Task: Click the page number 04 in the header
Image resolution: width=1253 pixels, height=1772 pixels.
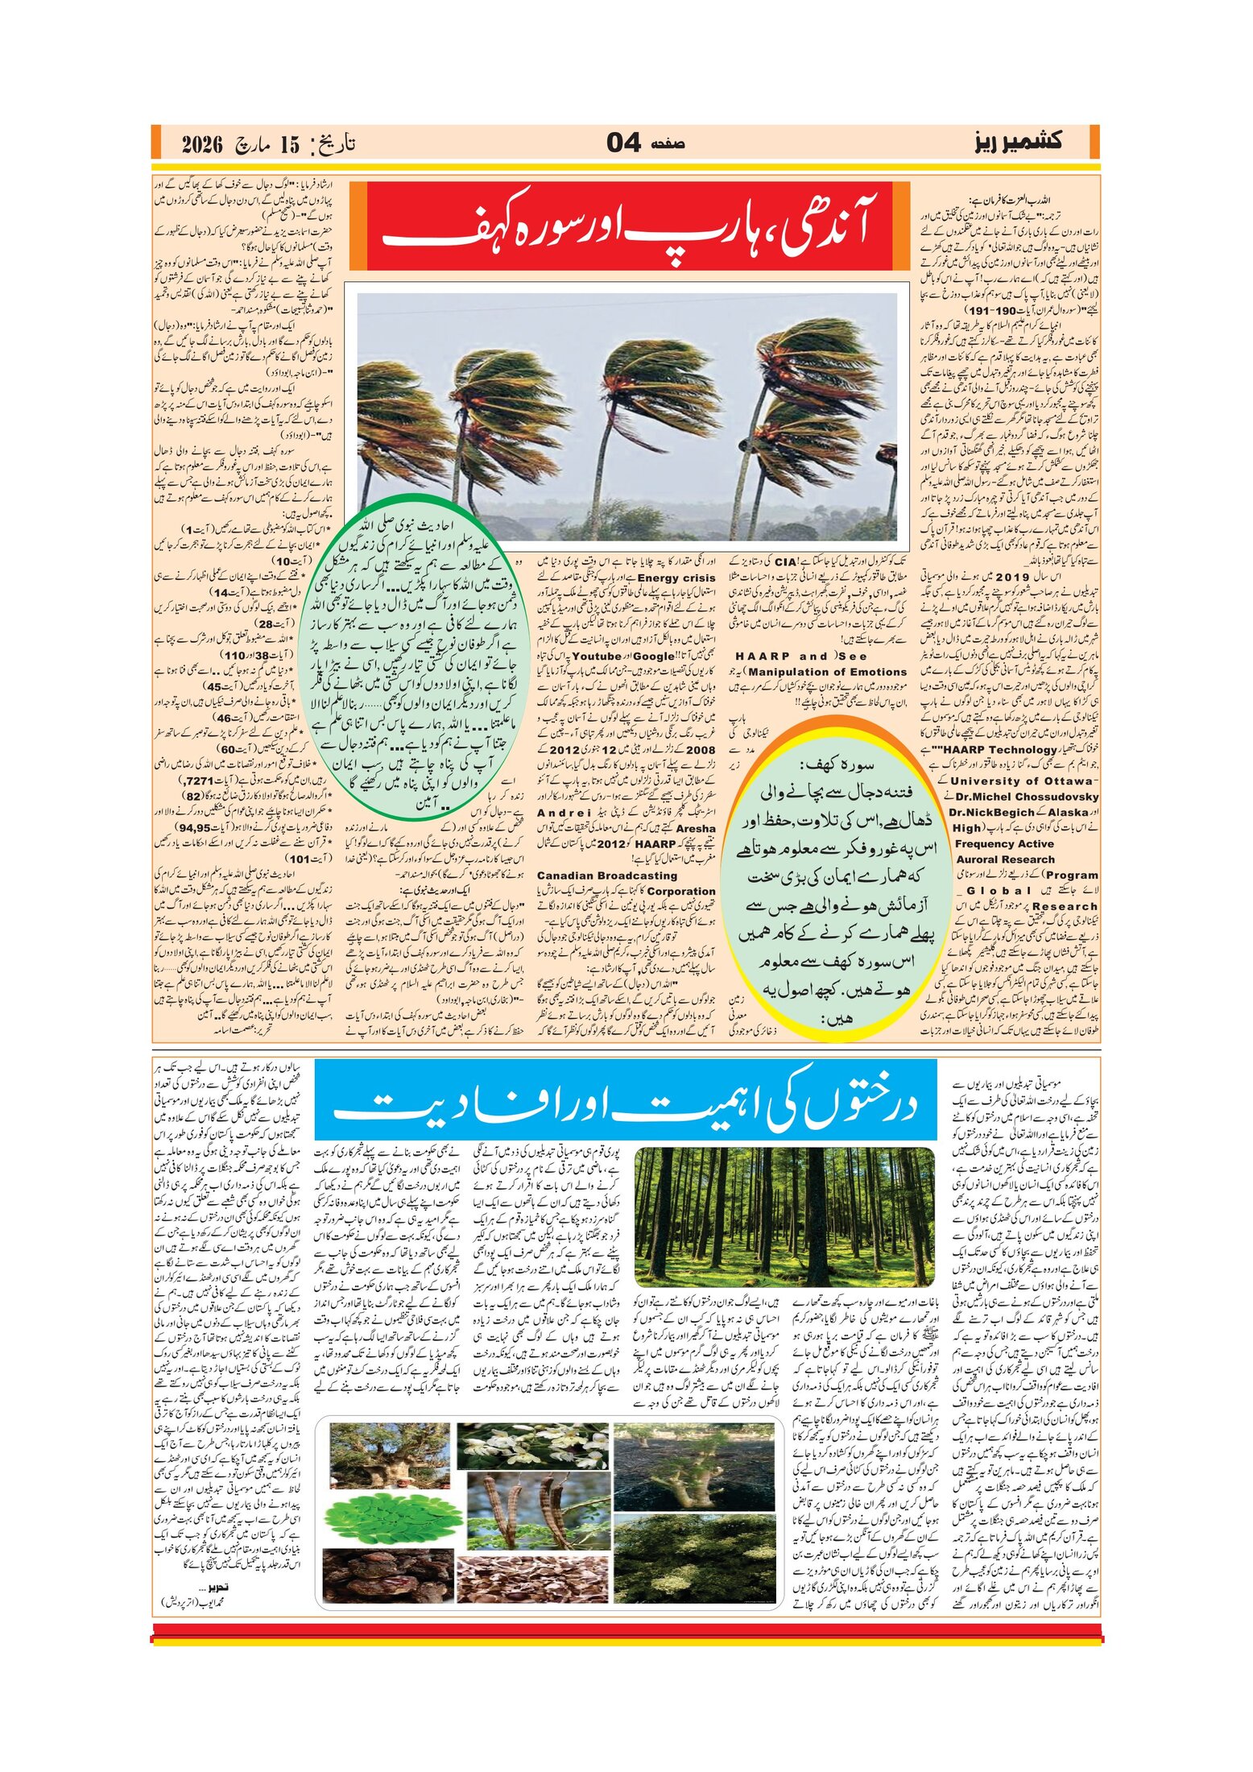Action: [624, 143]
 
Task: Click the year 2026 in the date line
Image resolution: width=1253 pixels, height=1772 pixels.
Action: [201, 145]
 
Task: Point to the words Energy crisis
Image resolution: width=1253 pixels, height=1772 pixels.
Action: [676, 578]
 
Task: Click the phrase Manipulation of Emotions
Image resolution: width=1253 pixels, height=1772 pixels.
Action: [827, 672]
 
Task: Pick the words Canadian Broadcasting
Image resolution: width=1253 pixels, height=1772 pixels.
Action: [607, 876]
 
